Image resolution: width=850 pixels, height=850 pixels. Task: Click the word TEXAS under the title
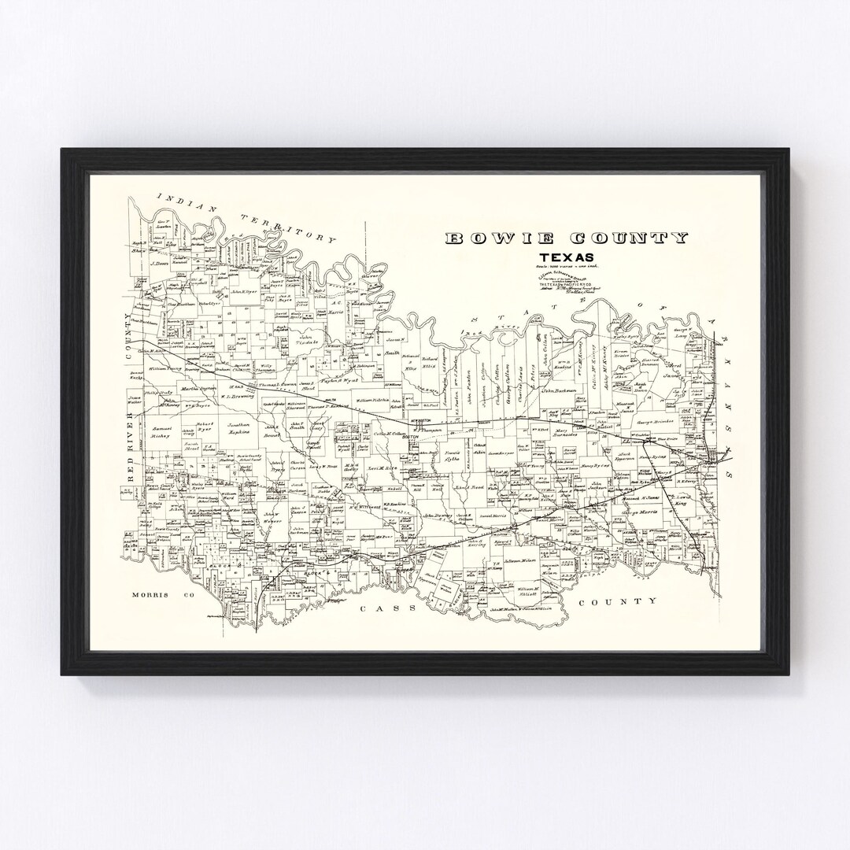tap(566, 257)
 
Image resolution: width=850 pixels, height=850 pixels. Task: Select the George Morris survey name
tap(638, 512)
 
